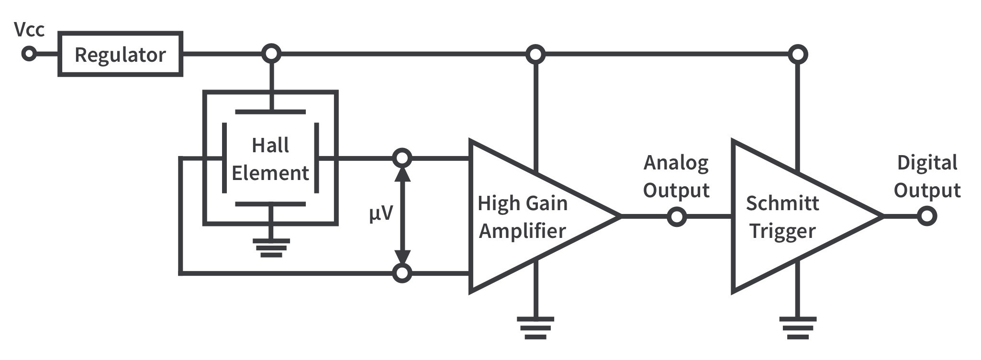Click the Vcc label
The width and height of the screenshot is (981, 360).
29,30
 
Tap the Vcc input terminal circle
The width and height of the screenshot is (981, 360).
29,54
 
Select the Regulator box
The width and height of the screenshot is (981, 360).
120,54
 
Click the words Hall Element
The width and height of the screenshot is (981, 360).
270,159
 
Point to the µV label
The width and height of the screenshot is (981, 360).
380,213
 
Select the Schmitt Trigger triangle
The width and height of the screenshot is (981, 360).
785,216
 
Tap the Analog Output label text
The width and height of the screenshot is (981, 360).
676,176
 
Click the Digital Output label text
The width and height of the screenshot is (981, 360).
927,176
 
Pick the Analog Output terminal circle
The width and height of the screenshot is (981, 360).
677,217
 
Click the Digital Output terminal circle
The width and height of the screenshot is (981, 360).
927,216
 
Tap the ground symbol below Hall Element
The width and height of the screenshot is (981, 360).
271,247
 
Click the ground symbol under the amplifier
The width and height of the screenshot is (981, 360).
535,328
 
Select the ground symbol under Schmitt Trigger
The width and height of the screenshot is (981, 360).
797,328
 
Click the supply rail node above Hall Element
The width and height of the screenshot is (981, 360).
271,54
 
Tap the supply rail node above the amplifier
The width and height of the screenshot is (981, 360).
535,54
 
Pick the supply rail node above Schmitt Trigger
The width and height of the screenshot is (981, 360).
797,54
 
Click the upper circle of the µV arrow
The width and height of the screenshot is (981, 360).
402,157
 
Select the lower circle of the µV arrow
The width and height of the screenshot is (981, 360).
402,273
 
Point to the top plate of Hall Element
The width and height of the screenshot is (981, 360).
270,112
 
